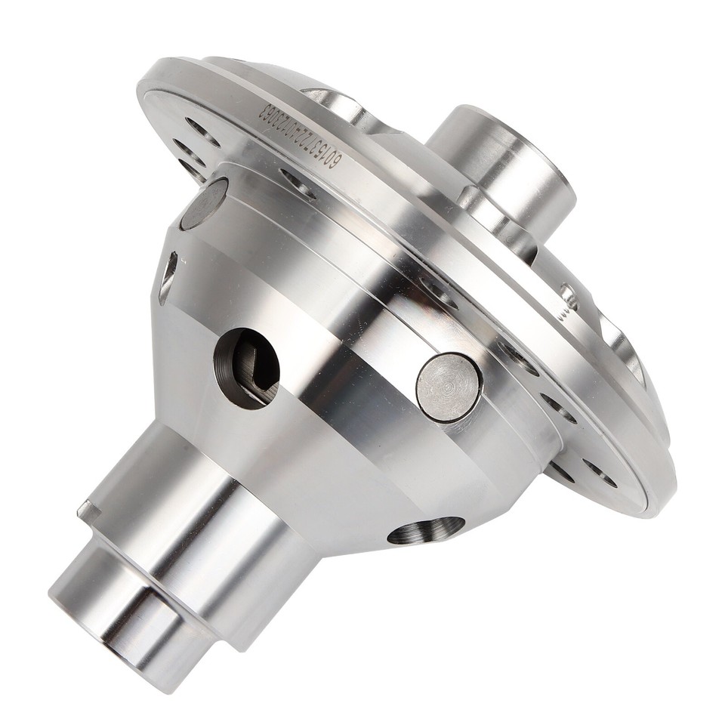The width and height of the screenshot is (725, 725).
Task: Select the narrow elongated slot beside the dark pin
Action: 168,278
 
